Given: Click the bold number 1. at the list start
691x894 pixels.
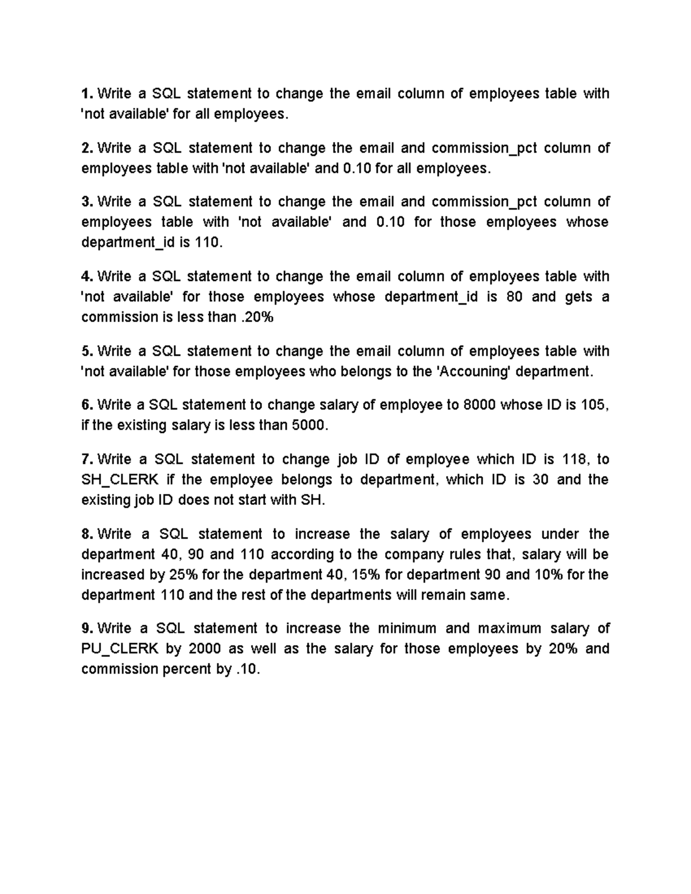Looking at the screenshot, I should [87, 94].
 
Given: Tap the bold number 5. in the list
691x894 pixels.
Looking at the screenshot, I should [87, 351].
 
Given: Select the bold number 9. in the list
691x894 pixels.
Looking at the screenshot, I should [87, 628].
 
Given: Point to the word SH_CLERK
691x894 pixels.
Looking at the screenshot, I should [120, 480].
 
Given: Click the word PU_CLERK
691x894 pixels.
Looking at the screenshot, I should [120, 649].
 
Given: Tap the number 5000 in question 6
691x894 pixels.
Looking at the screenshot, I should [312, 426].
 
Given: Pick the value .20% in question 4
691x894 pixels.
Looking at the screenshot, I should [256, 317].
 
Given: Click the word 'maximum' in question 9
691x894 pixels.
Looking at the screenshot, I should [510, 628].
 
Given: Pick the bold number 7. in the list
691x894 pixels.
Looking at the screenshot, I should [87, 459].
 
